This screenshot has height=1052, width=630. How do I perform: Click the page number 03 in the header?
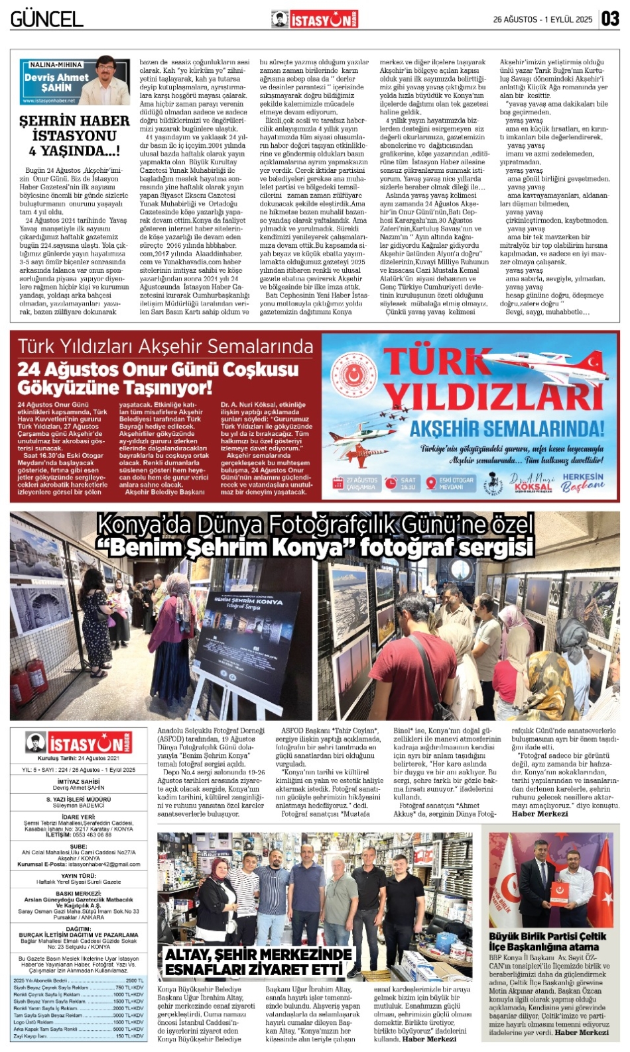pos(610,19)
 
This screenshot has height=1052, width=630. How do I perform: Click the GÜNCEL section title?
pos(46,19)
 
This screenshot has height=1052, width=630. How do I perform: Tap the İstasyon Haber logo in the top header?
pos(314,20)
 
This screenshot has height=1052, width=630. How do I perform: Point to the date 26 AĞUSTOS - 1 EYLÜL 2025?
pos(542,20)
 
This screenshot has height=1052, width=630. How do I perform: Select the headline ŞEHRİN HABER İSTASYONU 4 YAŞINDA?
pos(74,136)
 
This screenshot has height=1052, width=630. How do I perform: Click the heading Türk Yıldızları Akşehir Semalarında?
pos(165,346)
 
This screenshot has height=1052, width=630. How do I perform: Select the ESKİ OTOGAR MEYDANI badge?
pos(451,484)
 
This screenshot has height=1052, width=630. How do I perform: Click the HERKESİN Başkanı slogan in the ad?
pos(583,482)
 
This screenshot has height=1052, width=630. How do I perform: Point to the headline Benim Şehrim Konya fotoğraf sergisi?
pos(315,537)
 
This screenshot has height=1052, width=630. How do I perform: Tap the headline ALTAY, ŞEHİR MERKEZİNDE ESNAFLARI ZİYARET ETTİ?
pos(259,963)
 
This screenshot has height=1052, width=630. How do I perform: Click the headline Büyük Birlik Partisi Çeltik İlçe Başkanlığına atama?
pos(547,941)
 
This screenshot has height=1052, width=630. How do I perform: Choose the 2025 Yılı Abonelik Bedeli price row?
pos(78,980)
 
